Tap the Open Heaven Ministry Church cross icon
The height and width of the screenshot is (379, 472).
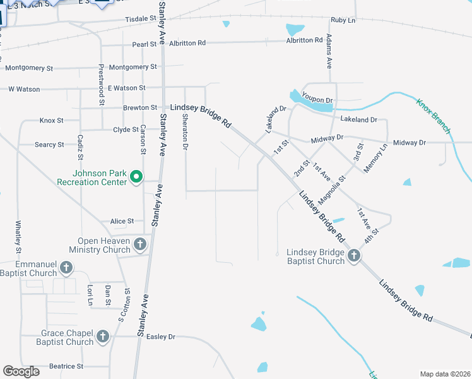pyautogui.click(x=139, y=244)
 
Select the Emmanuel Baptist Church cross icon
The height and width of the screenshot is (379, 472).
pyautogui.click(x=66, y=268)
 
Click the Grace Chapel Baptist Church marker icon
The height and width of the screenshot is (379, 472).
pyautogui.click(x=103, y=337)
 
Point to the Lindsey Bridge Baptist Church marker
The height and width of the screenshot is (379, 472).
pyautogui.click(x=354, y=256)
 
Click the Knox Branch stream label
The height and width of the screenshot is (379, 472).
pyautogui.click(x=434, y=115)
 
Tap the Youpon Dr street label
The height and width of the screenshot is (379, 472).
pyautogui.click(x=317, y=100)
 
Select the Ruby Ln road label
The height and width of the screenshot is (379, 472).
pyautogui.click(x=343, y=20)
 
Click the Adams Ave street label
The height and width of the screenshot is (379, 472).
pyautogui.click(x=329, y=52)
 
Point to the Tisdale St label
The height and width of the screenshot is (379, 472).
pyautogui.click(x=140, y=20)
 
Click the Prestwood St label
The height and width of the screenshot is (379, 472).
pyautogui.click(x=101, y=83)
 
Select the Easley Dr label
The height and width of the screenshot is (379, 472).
pyautogui.click(x=160, y=337)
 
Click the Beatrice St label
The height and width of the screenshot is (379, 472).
pyautogui.click(x=66, y=366)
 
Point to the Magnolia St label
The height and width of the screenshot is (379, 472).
pyautogui.click(x=332, y=190)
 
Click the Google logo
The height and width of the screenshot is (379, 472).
pyautogui.click(x=21, y=371)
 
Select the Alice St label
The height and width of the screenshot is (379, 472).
pyautogui.click(x=122, y=221)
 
